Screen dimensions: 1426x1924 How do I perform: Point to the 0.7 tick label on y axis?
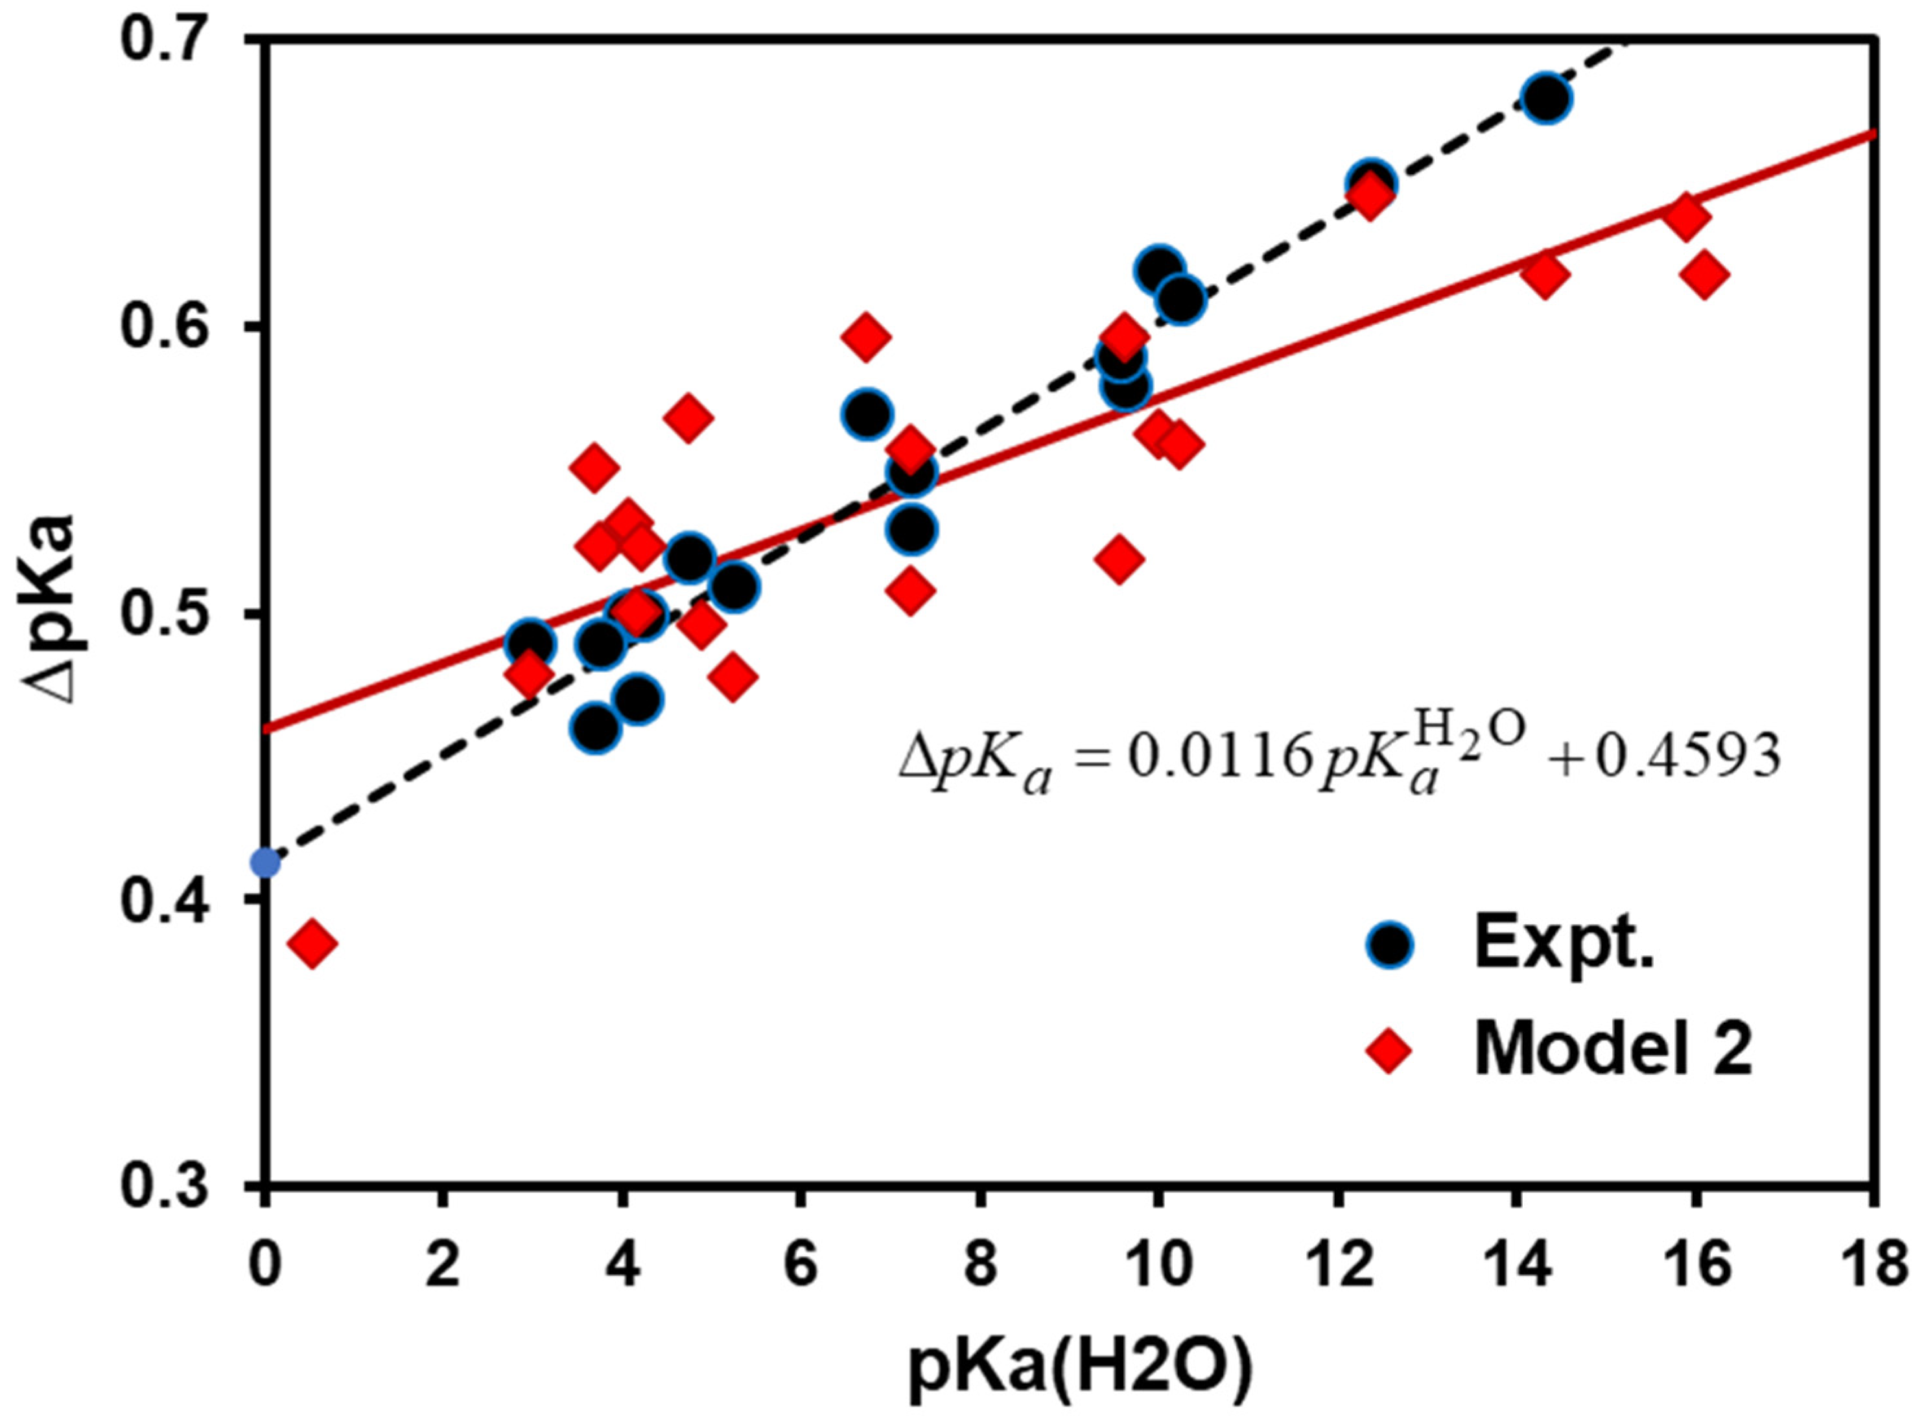click(x=182, y=40)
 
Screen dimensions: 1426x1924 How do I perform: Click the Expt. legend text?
click(x=1562, y=944)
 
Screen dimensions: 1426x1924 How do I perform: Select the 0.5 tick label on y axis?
click(x=182, y=614)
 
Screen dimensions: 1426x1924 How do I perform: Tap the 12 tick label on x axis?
click(x=1338, y=1267)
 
